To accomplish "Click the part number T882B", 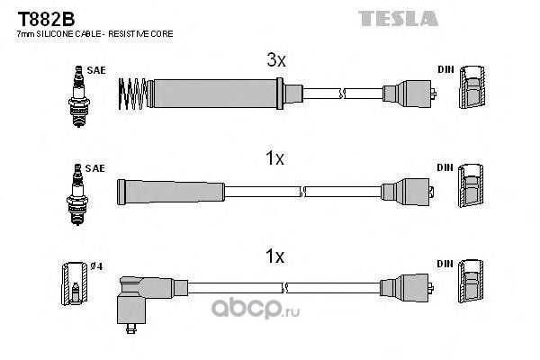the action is click(46, 19).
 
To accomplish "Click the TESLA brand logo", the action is click(398, 19).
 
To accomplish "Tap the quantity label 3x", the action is click(276, 60).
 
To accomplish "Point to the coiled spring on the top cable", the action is click(132, 94).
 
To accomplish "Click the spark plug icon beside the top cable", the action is click(79, 96).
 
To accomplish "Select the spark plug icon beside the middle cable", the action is click(77, 194).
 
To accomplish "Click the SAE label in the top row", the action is click(96, 70).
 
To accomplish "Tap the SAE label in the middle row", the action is click(94, 168).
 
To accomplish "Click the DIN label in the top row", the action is click(446, 69).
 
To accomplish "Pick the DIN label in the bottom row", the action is click(445, 264).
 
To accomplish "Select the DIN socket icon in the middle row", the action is click(471, 185).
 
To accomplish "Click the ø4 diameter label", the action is click(97, 266).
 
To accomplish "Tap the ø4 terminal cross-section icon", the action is click(75, 283).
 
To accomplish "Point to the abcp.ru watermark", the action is click(256, 308).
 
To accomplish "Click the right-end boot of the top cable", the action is click(408, 94).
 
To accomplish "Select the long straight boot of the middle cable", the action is click(171, 192).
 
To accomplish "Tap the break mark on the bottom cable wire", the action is click(284, 288).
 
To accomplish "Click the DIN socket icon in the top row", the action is click(472, 87).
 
